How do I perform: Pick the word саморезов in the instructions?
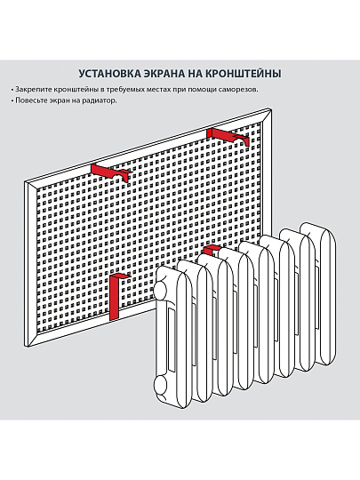[234, 91]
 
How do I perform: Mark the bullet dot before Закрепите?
[13, 91]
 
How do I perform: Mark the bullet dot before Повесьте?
[13, 100]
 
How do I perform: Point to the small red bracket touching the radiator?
[211, 251]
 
